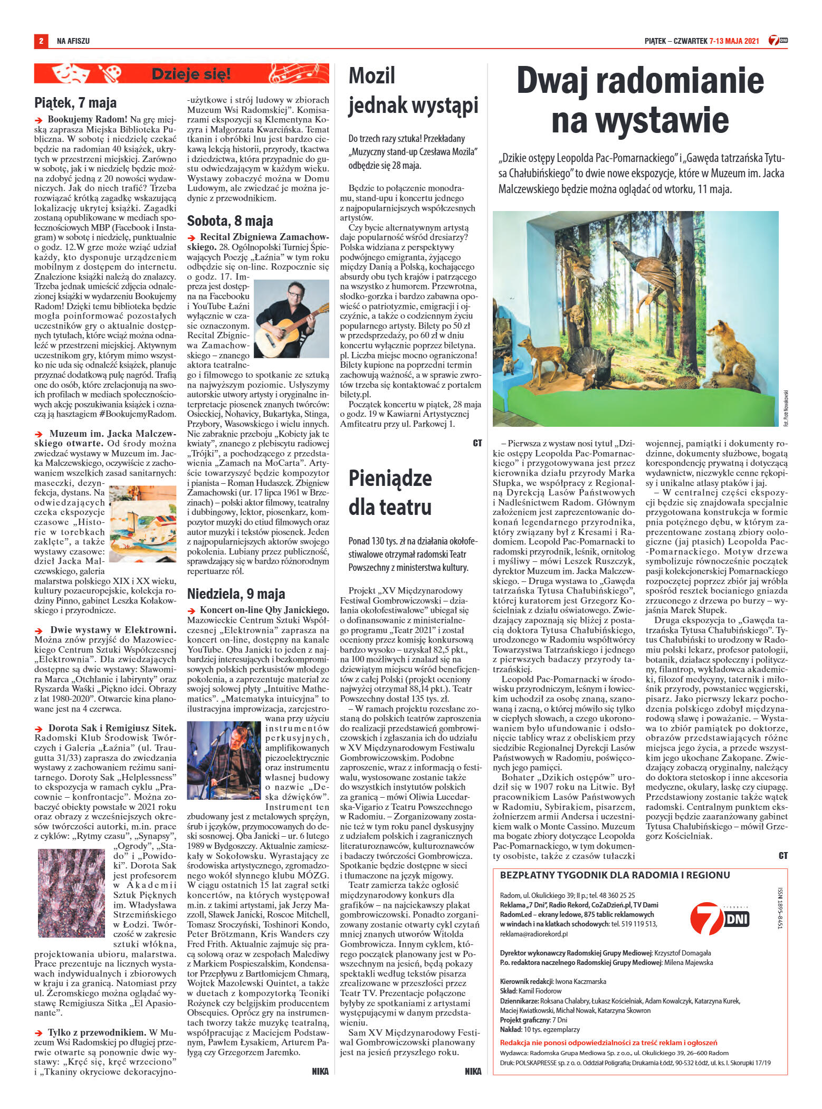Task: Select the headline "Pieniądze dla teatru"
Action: click(390, 492)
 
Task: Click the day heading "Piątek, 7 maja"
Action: click(75, 102)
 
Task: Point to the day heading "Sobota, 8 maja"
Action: click(230, 221)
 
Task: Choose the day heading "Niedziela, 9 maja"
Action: click(236, 594)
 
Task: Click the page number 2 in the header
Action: click(40, 41)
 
